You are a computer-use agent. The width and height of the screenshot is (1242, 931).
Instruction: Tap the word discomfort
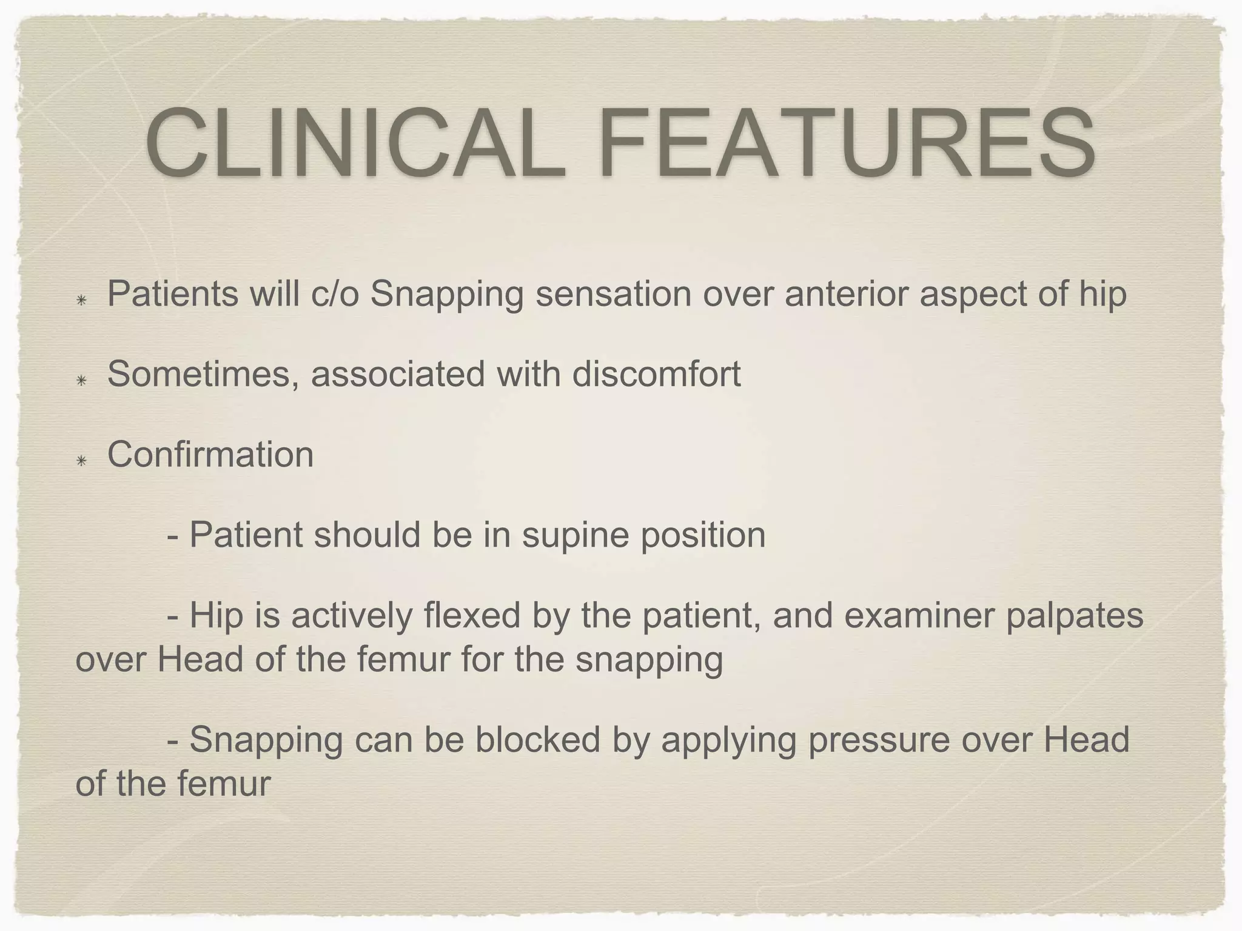pyautogui.click(x=656, y=373)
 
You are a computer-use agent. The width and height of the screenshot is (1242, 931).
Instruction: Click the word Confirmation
pyautogui.click(x=210, y=454)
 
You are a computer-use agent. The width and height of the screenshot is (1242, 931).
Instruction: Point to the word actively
pyautogui.click(x=351, y=616)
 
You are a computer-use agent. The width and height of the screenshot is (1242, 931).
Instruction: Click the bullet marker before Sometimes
pyautogui.click(x=81, y=381)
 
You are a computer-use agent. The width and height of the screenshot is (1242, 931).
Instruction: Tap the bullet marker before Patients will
pyautogui.click(x=81, y=301)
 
